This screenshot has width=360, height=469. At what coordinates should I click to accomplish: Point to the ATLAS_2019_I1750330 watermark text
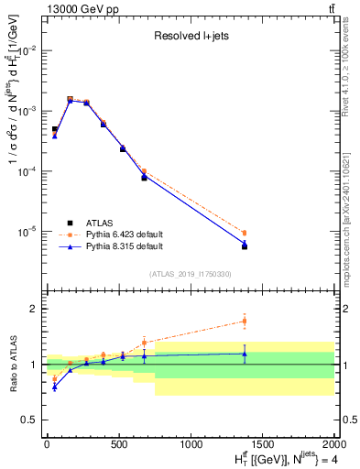[191, 274]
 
